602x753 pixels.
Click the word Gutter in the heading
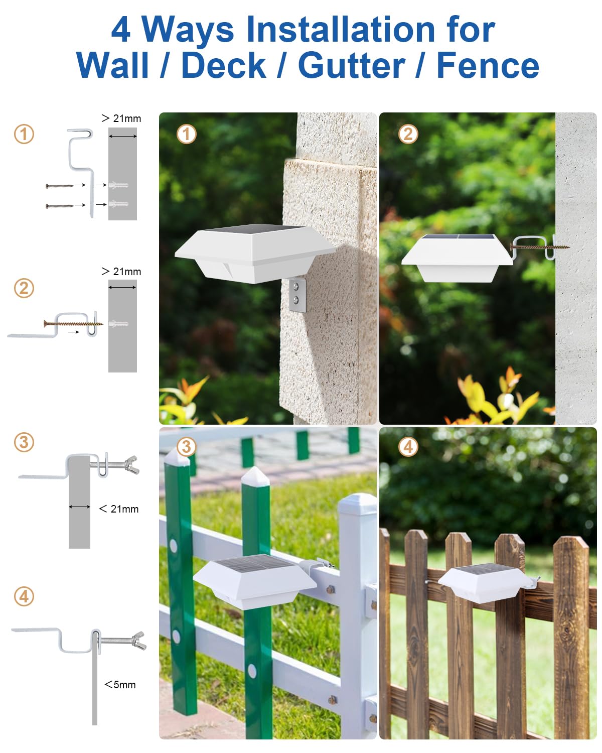[352, 65]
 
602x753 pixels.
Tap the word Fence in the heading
[488, 65]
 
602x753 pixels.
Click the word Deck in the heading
[224, 65]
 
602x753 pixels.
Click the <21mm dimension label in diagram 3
[119, 509]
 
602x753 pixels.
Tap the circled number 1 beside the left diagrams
[24, 134]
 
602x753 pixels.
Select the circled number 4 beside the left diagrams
[24, 596]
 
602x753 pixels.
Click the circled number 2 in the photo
[408, 134]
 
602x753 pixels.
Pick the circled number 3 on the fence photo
[187, 446]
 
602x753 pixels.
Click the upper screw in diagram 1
[60, 186]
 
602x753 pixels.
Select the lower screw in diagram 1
[60, 206]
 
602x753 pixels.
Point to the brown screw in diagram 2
[73, 323]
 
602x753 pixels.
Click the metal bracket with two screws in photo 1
[297, 294]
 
